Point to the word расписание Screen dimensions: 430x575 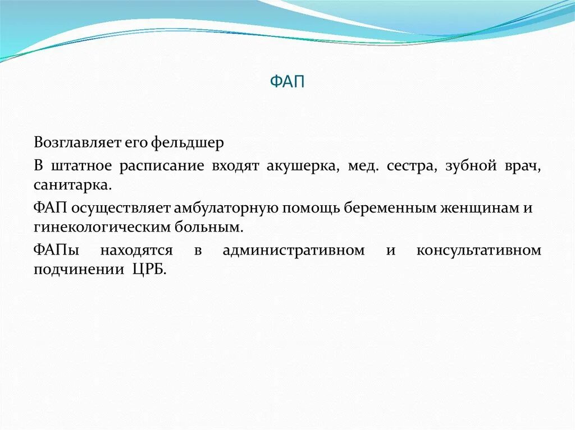[161, 167]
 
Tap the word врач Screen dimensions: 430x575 [523, 167]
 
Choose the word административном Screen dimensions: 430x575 [293, 250]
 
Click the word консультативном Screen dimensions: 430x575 [478, 250]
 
